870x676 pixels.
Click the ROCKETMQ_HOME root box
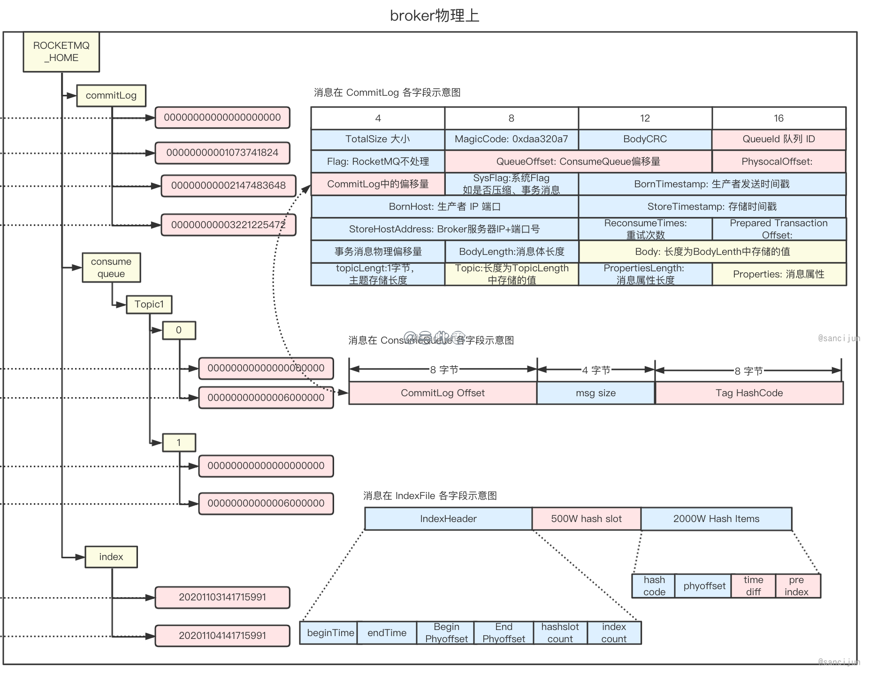61,52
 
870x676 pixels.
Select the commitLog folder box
111,95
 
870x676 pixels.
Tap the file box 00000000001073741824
222,153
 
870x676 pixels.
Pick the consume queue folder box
111,268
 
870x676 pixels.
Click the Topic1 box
149,304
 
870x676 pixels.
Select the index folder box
111,557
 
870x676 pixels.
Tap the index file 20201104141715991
222,636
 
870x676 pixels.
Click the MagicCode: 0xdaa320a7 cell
511,139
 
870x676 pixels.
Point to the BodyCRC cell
645,139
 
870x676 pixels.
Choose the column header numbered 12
645,118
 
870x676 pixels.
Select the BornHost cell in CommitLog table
444,207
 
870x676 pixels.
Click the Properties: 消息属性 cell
779,274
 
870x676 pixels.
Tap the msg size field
595,393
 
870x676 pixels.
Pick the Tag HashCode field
749,393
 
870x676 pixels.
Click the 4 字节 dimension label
596,370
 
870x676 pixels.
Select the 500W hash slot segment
586,519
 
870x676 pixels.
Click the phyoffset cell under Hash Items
704,586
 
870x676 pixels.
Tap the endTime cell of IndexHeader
387,633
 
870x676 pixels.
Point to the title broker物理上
435,15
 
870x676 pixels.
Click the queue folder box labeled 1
179,442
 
